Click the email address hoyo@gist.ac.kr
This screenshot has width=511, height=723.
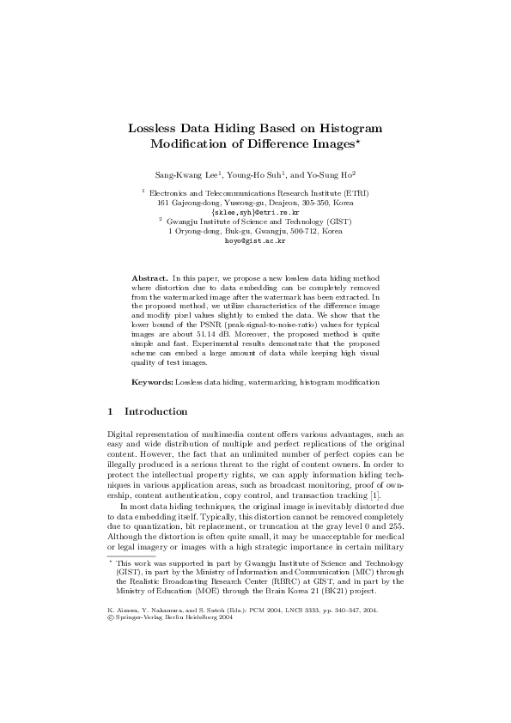255,241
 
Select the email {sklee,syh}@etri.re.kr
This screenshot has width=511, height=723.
255,211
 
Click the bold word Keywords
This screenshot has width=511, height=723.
152,380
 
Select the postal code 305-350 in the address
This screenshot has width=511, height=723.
317,203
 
